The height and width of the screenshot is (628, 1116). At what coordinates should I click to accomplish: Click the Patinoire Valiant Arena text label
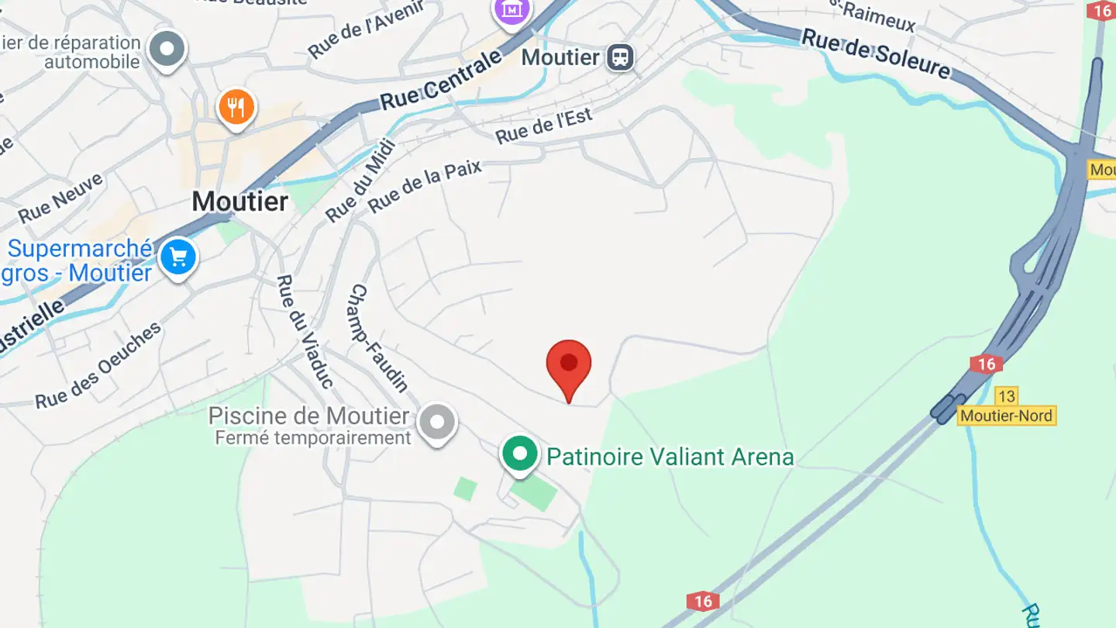coord(670,457)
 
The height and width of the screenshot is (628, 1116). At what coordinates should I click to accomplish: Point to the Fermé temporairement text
coord(313,438)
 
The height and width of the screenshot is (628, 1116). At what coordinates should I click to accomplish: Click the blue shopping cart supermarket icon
coord(179,257)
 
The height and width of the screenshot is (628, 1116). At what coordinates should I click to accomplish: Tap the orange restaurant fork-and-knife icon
coord(236,107)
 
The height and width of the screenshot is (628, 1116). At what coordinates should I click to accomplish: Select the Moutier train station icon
coord(620,57)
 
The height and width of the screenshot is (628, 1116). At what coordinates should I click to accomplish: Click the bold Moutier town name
coord(240,202)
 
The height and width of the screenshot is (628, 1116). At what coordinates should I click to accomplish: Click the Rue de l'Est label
coord(544,126)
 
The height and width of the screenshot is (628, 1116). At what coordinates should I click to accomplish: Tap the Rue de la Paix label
coord(425,187)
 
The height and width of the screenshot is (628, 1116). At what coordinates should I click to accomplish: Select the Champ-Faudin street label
coord(379,338)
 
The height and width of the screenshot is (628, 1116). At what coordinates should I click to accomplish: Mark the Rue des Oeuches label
coord(98,365)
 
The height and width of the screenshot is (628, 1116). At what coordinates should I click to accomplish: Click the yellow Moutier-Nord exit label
coord(1007,416)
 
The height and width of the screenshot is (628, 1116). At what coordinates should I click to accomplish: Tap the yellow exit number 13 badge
coord(1006,396)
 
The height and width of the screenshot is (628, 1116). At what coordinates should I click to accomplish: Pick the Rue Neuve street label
coord(60,198)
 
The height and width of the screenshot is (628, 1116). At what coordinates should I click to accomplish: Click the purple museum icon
coord(512,9)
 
